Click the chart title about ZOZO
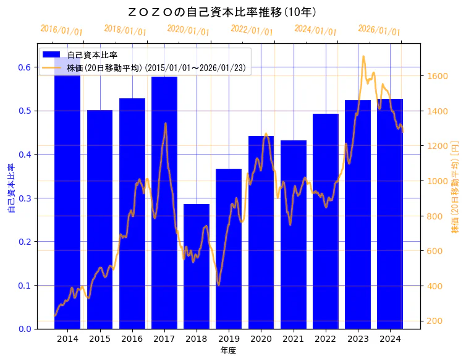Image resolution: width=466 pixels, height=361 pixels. point(222,12)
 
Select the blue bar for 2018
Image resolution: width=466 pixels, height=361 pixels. point(197,266)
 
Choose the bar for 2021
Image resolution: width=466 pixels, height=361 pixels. point(294,235)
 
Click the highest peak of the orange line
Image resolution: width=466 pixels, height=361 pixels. point(363,56)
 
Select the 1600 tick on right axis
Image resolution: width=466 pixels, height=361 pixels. point(435,76)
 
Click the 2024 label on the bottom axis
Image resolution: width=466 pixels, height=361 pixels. point(390,339)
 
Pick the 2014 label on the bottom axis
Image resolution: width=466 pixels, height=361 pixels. point(67,339)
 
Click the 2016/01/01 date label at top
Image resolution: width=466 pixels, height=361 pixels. point(61,30)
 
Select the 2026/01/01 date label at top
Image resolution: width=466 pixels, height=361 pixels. point(379,30)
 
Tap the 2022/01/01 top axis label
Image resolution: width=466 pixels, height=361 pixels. point(252,30)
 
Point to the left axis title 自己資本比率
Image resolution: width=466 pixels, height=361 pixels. point(11,189)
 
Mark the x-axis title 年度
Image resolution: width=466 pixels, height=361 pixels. point(228,350)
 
